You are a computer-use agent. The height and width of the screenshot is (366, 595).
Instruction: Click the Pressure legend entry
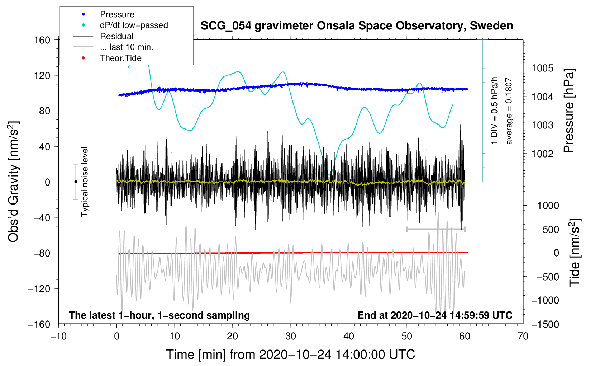pos(117,14)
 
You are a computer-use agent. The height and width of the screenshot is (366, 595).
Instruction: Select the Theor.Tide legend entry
pos(120,58)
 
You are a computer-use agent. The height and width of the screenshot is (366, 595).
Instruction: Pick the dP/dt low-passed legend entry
pos(134,25)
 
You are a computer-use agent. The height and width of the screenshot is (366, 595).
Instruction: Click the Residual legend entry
pos(116,36)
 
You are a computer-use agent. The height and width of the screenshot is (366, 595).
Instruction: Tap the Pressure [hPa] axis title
pos(569,111)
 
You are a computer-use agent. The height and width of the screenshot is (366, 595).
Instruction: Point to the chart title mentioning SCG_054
pos(357,26)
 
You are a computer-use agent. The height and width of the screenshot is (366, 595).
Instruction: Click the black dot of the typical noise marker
pos(76,182)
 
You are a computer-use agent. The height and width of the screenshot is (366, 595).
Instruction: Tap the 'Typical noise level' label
pos(85,182)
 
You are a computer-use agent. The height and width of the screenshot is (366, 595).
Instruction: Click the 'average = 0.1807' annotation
pos(509,111)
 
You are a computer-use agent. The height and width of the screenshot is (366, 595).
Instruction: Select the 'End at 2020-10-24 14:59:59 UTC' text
pos(435,315)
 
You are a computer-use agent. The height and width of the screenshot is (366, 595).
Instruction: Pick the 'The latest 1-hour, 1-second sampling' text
pos(159,315)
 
